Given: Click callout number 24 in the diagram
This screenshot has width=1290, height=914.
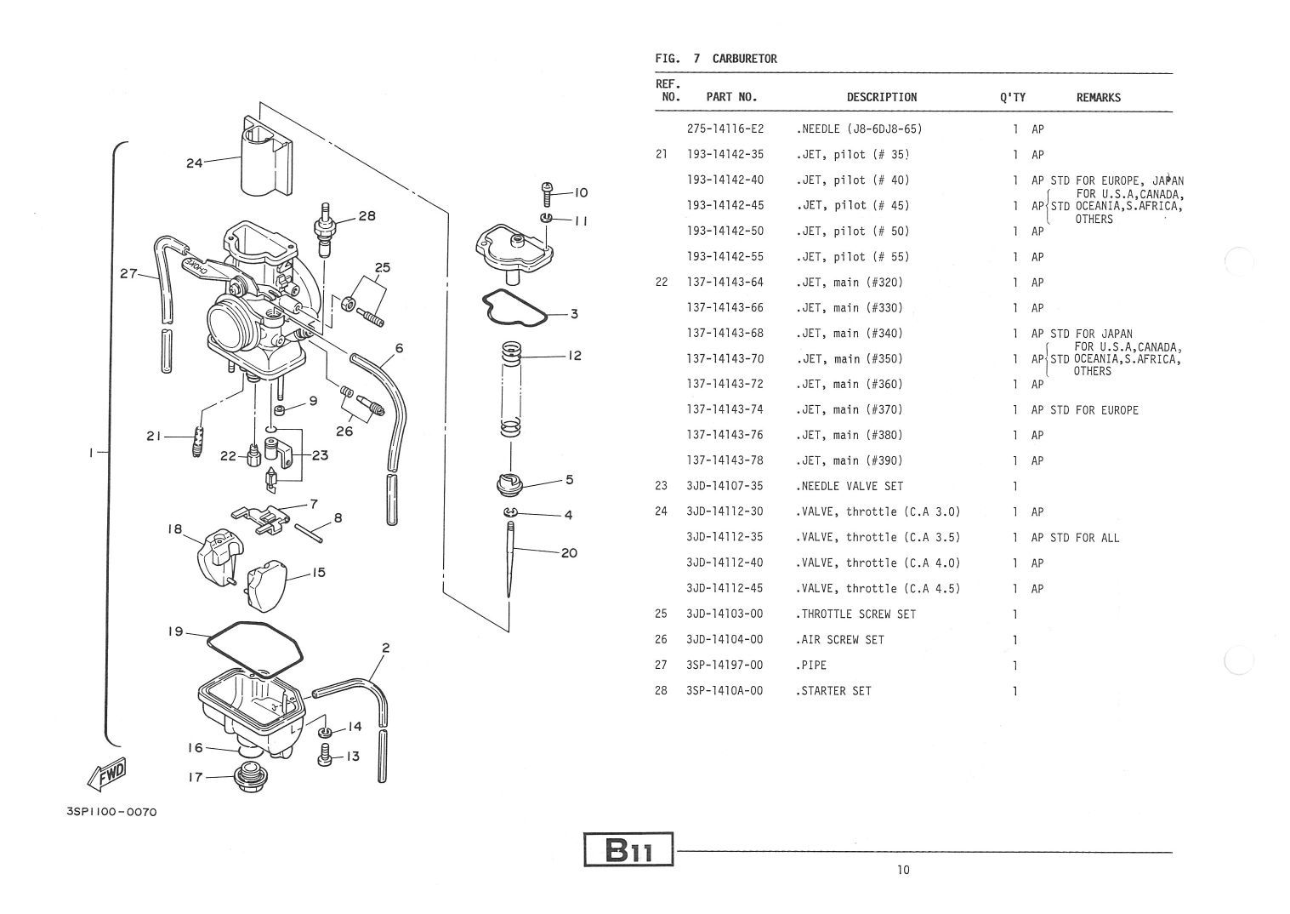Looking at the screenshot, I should pos(194,163).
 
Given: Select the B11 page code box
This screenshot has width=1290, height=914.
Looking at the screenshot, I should pos(628,849).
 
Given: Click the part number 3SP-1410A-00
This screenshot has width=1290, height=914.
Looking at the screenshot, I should pos(725,691).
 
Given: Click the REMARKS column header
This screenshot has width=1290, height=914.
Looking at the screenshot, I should pos(1098,98).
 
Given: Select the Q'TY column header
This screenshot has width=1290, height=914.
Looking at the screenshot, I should pos(1013,98).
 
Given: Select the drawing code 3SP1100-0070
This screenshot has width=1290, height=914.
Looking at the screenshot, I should pos(111,812).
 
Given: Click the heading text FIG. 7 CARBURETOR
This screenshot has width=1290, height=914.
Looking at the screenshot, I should pos(716,59).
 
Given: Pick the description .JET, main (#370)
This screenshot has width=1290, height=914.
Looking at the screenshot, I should pos(850,410).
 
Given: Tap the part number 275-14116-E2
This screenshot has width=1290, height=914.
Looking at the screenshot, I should pos(725,129).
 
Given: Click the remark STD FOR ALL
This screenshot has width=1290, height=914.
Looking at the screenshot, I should pos(1084,538).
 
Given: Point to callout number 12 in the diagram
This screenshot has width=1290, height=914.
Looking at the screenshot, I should pos(575,355).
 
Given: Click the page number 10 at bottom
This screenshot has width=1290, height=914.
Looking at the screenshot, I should pos(902,870).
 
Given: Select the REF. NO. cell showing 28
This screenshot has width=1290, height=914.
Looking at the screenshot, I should pos(662,691).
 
